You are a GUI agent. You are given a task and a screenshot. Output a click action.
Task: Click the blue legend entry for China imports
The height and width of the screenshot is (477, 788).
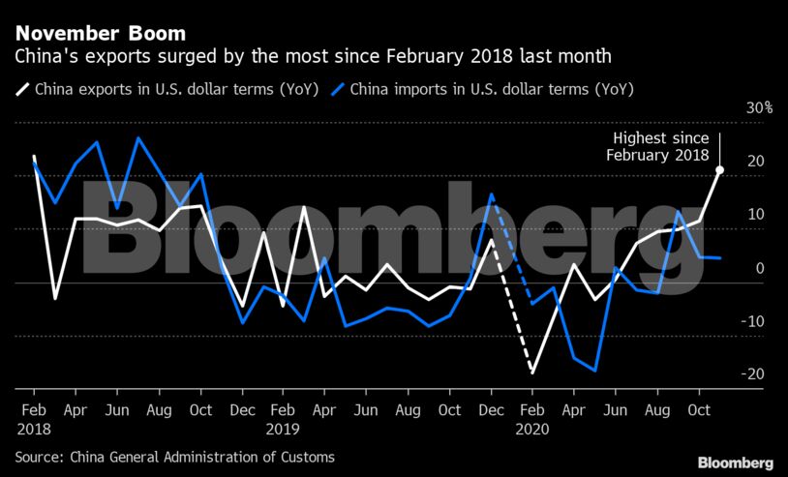click(484, 91)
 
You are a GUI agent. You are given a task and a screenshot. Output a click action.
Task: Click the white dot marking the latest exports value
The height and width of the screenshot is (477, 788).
click(720, 170)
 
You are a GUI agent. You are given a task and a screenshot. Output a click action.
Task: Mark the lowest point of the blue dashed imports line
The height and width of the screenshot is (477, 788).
click(531, 305)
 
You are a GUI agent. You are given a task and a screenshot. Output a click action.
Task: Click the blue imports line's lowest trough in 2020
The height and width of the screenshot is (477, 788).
click(594, 371)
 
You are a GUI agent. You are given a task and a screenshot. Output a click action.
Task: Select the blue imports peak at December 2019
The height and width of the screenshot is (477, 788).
click(492, 194)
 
